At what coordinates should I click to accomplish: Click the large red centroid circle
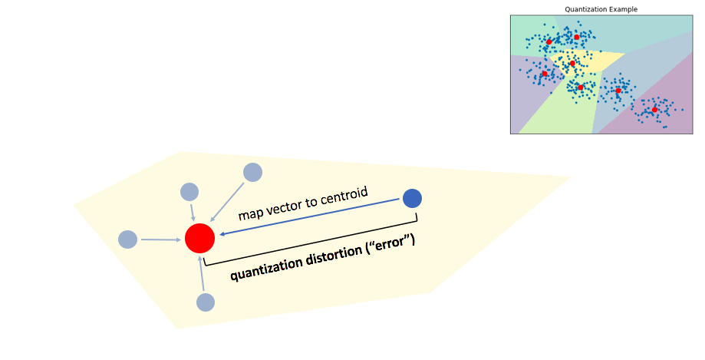click(199, 238)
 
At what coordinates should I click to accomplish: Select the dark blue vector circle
click(412, 198)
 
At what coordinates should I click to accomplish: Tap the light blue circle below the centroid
click(205, 302)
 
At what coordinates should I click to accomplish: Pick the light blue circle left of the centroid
click(127, 239)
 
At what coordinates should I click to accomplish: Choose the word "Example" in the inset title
click(622, 9)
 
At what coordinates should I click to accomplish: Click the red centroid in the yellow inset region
click(572, 63)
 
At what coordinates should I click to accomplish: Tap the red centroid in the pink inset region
click(654, 110)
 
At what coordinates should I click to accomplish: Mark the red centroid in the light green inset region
click(581, 88)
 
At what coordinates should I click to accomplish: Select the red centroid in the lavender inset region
click(545, 74)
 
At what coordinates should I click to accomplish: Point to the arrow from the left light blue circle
click(161, 239)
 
